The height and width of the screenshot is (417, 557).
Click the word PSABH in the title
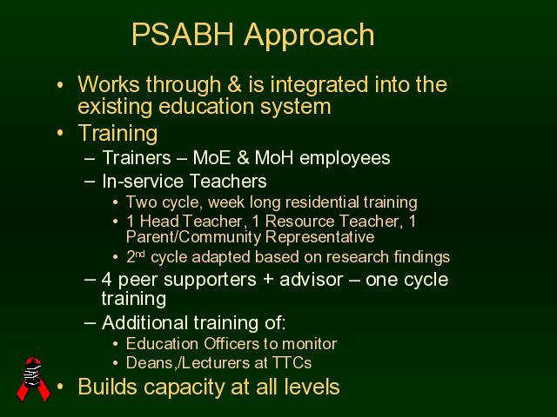point(183,35)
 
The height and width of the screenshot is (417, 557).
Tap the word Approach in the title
point(309,36)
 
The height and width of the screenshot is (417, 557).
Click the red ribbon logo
point(34,379)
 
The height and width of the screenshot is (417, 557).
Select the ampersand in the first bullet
point(234,84)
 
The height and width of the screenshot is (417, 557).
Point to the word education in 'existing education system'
point(206,106)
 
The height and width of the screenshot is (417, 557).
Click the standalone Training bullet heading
point(117,134)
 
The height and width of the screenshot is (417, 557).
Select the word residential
point(322,202)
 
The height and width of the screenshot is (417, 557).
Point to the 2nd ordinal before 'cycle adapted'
point(136,257)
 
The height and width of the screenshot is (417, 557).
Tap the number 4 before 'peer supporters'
point(106,280)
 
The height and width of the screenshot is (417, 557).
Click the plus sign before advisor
point(268,280)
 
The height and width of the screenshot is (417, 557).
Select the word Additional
point(145,322)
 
